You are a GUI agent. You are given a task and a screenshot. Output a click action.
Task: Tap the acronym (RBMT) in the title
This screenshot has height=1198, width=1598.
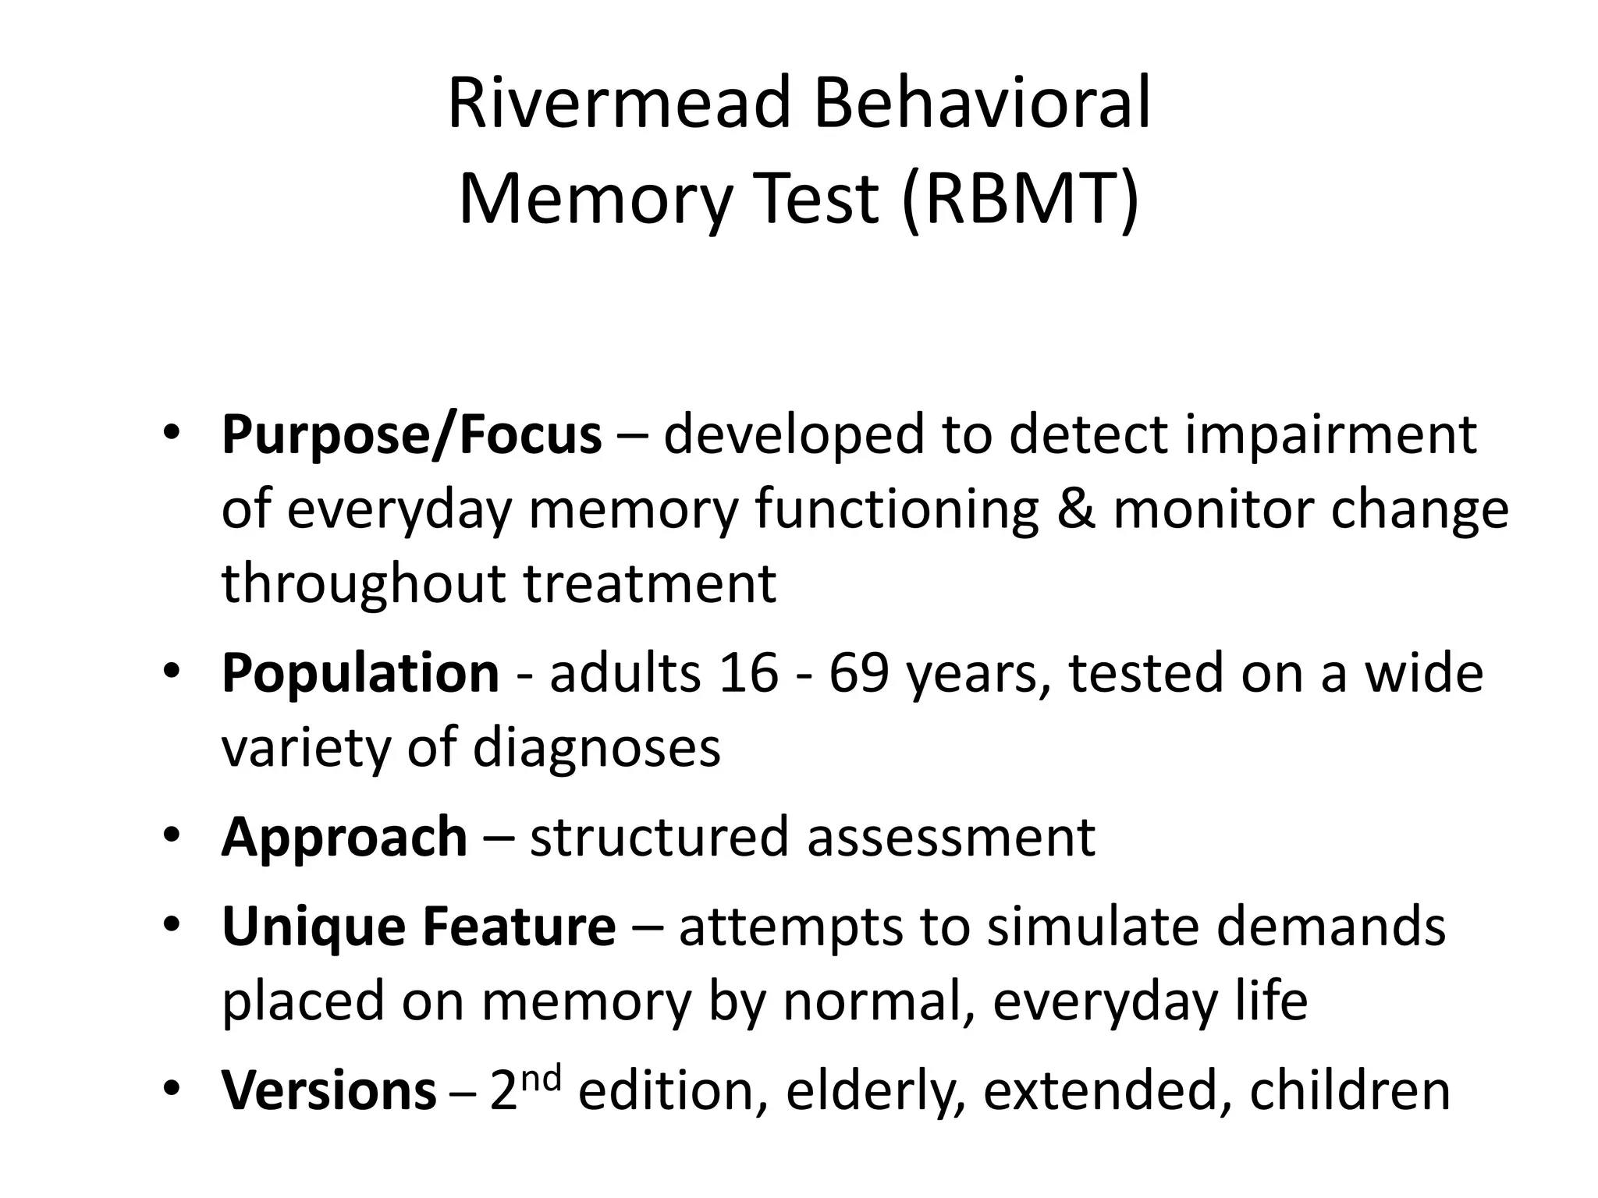click(x=1020, y=199)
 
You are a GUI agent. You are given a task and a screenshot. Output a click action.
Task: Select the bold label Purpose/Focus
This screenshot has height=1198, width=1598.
click(x=411, y=434)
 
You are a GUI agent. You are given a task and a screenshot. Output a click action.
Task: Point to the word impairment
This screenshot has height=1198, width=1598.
click(x=1330, y=434)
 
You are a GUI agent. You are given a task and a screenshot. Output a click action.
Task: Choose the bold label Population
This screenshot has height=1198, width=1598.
click(x=360, y=672)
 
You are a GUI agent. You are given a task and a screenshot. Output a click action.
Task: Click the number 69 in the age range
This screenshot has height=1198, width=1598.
click(x=858, y=672)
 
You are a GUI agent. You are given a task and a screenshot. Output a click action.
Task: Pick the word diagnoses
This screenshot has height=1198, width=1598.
click(x=596, y=747)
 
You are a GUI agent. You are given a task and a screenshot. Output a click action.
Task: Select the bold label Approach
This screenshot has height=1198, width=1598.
click(x=344, y=837)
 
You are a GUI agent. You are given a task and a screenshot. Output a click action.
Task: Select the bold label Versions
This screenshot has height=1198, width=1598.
click(x=328, y=1091)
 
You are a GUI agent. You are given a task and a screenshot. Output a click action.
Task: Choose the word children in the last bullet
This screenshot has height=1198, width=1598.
click(x=1349, y=1091)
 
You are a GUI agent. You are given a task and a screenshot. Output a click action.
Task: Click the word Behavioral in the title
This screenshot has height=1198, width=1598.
click(x=982, y=104)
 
